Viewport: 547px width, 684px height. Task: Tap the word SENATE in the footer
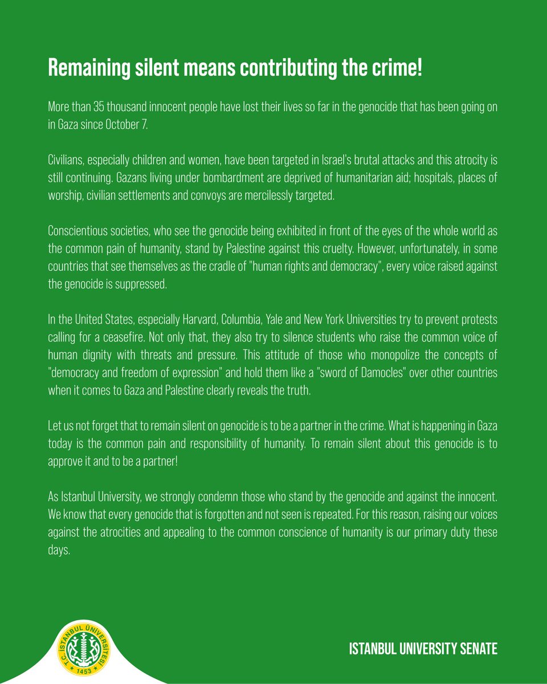point(476,650)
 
